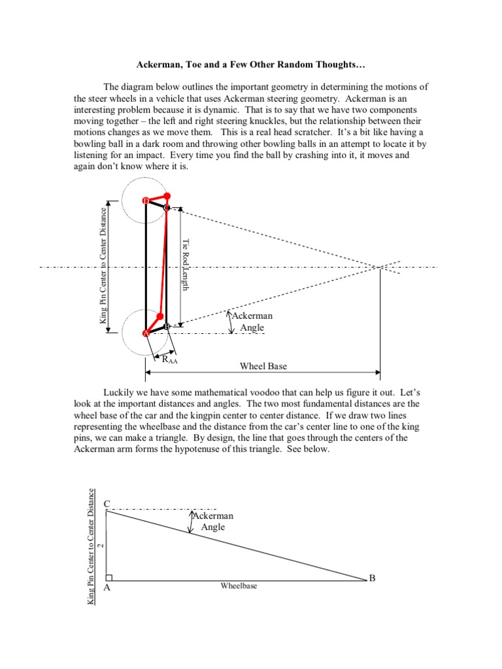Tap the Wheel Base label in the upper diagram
coord(263,367)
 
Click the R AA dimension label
coord(169,359)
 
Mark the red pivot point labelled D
coord(146,201)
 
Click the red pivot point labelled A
coord(146,333)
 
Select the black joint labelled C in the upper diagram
coord(166,208)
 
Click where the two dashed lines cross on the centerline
coord(380,267)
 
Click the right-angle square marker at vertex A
coord(109,577)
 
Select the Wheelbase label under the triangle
coord(239,586)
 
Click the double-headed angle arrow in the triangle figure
coord(191,522)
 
